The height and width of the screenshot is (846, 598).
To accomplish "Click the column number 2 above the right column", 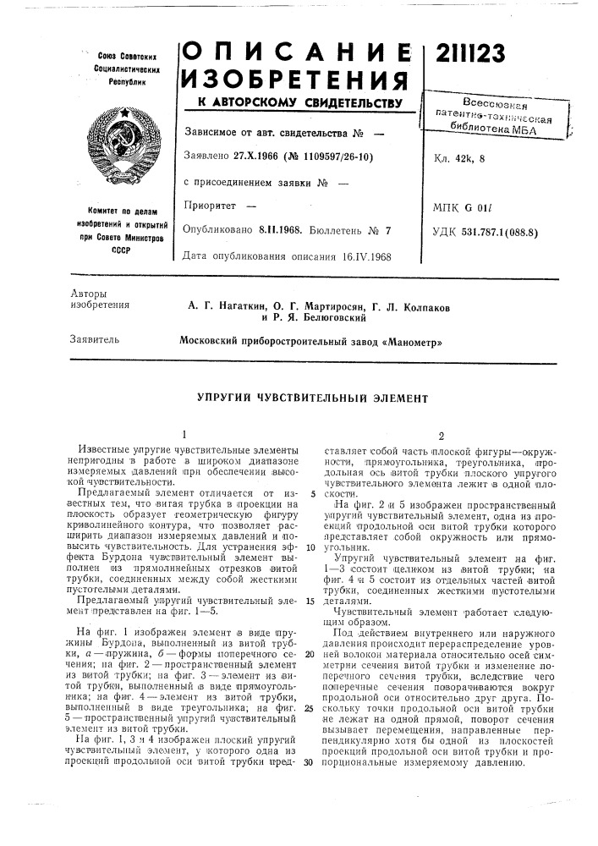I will tap(440, 434).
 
